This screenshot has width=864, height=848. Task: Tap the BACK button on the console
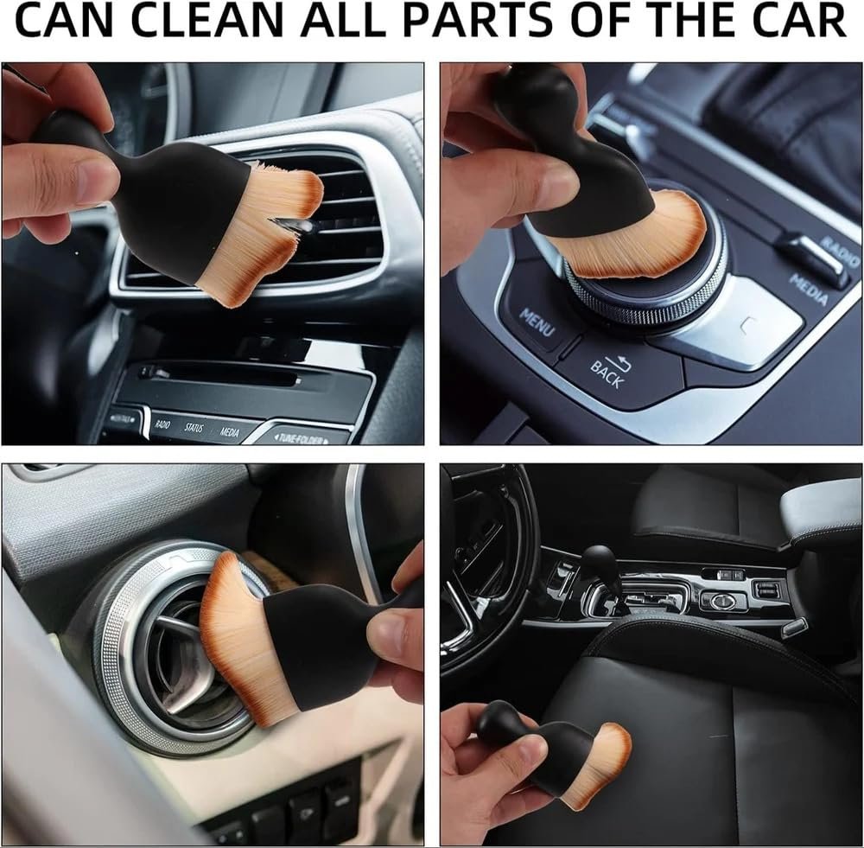coord(607,372)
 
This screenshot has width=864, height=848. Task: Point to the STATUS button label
coord(194,428)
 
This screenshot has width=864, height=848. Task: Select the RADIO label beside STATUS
coord(162,424)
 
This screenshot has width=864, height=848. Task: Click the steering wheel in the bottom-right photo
coord(484,553)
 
